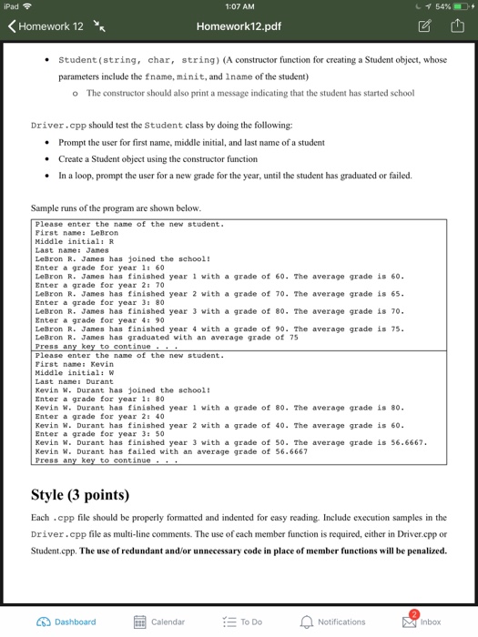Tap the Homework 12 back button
coord(46,26)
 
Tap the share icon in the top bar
coord(455,26)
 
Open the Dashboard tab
coord(66,622)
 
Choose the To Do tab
coord(242,622)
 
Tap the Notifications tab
coord(333,622)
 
